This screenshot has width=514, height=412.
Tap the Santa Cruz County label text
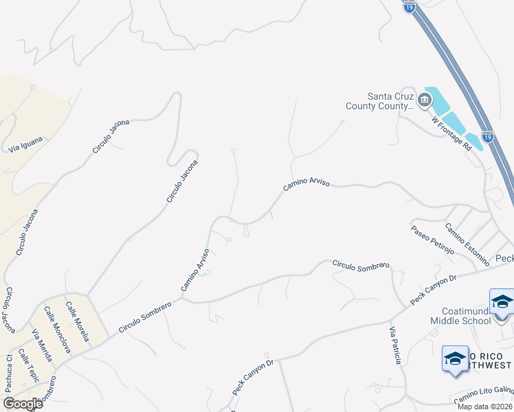pos(390,101)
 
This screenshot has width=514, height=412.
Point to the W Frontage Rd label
pos(451,133)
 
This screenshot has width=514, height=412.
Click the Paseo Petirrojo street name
pos(433,240)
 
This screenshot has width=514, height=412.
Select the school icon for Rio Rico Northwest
pos(454,358)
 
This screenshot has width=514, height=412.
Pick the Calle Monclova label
pos(58,329)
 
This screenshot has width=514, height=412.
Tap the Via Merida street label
pos(42,343)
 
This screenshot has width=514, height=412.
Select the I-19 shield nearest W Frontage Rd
pos(487,137)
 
